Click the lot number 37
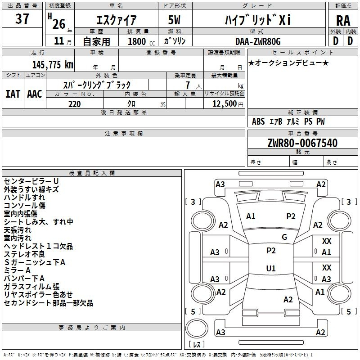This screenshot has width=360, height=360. tap(22, 19)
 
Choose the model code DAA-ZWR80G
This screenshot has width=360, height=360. tap(258, 41)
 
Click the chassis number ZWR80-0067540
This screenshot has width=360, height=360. tap(302, 144)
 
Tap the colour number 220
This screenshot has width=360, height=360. tap(74, 104)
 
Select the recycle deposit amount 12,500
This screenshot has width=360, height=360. tap(224, 104)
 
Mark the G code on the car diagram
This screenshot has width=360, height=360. tap(284, 237)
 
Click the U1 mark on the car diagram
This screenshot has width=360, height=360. tap(271, 269)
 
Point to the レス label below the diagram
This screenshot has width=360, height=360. tap(196, 345)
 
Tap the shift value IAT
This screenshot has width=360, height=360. tap(13, 94)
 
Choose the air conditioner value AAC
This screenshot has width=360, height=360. tap(34, 94)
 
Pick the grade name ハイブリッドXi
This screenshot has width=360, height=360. tap(258, 20)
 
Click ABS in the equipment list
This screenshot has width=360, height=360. tap(258, 121)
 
